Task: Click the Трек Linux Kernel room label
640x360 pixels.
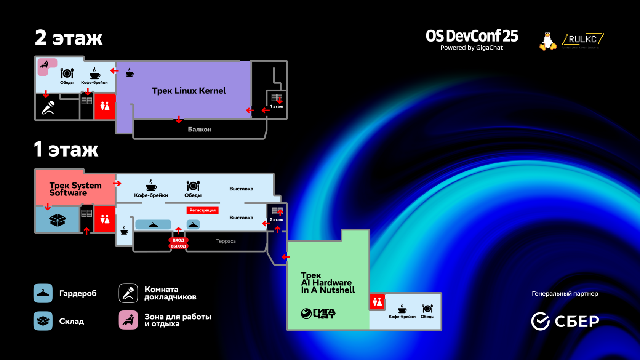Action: click(x=189, y=91)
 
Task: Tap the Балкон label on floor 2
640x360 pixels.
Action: click(x=200, y=130)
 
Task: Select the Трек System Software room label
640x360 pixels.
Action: click(x=75, y=189)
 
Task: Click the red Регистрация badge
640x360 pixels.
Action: click(x=202, y=210)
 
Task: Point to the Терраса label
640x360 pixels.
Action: click(x=226, y=241)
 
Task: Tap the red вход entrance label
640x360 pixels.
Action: click(x=178, y=240)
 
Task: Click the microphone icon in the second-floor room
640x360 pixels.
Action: click(x=48, y=108)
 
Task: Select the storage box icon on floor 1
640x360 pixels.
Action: click(x=58, y=220)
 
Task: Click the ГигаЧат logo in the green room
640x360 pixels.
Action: click(x=318, y=314)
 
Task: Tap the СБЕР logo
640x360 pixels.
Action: click(x=565, y=321)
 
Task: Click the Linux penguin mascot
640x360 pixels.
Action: click(x=548, y=41)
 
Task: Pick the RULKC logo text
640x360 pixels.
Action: click(x=582, y=39)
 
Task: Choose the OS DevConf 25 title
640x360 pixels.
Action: click(x=472, y=36)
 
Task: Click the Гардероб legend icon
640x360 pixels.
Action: click(x=43, y=293)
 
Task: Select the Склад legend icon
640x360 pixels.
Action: click(x=43, y=321)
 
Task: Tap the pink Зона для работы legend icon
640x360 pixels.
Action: click(x=128, y=320)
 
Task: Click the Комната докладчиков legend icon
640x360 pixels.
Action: click(x=128, y=293)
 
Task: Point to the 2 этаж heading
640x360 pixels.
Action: click(x=69, y=38)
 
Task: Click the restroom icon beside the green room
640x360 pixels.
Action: click(x=377, y=302)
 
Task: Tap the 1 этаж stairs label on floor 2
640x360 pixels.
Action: click(x=277, y=106)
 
